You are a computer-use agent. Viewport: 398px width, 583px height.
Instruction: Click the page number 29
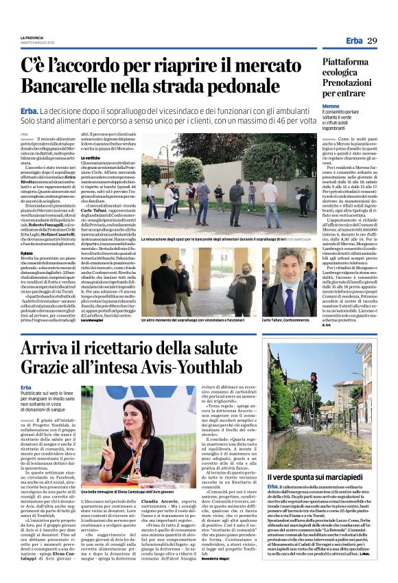click(x=371, y=41)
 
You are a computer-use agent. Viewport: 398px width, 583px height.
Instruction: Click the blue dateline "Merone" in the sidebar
click(x=331, y=106)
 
